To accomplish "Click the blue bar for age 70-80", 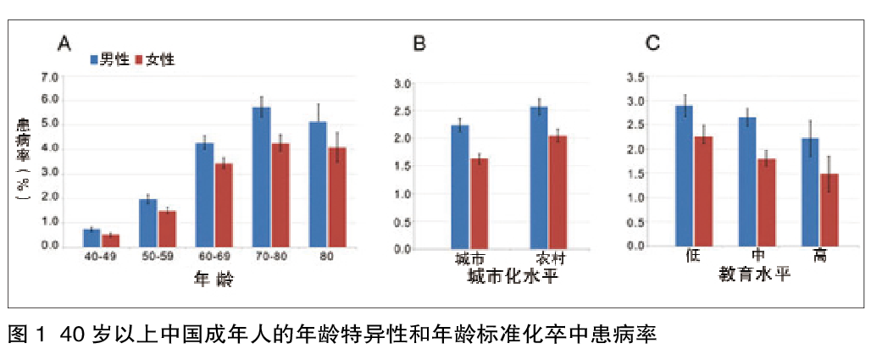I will coord(261,176).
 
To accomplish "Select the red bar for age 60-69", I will coord(224,204).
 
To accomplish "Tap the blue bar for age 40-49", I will coord(92,237).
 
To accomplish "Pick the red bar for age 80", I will coord(337,197).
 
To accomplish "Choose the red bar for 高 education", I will coord(829,209).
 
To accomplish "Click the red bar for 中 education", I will coord(766,202).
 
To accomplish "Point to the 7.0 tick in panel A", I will coord(50,77).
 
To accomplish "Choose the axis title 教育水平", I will coord(755,274).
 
